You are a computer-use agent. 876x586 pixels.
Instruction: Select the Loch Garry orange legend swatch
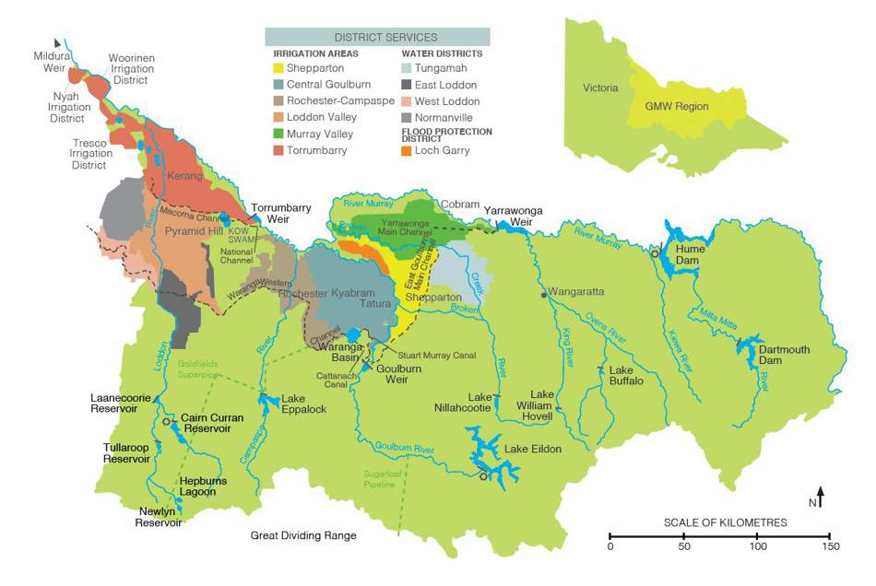pos(408,150)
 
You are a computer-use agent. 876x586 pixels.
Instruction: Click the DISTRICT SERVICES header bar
pos(377,37)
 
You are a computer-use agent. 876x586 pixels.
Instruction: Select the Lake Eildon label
pos(532,449)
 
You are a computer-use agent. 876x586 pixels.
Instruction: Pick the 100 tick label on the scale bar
pos(757,547)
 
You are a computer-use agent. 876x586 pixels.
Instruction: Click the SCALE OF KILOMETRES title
pos(725,522)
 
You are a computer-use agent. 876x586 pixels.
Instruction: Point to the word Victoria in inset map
pos(600,88)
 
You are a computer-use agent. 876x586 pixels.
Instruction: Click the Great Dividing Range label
pos(303,535)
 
